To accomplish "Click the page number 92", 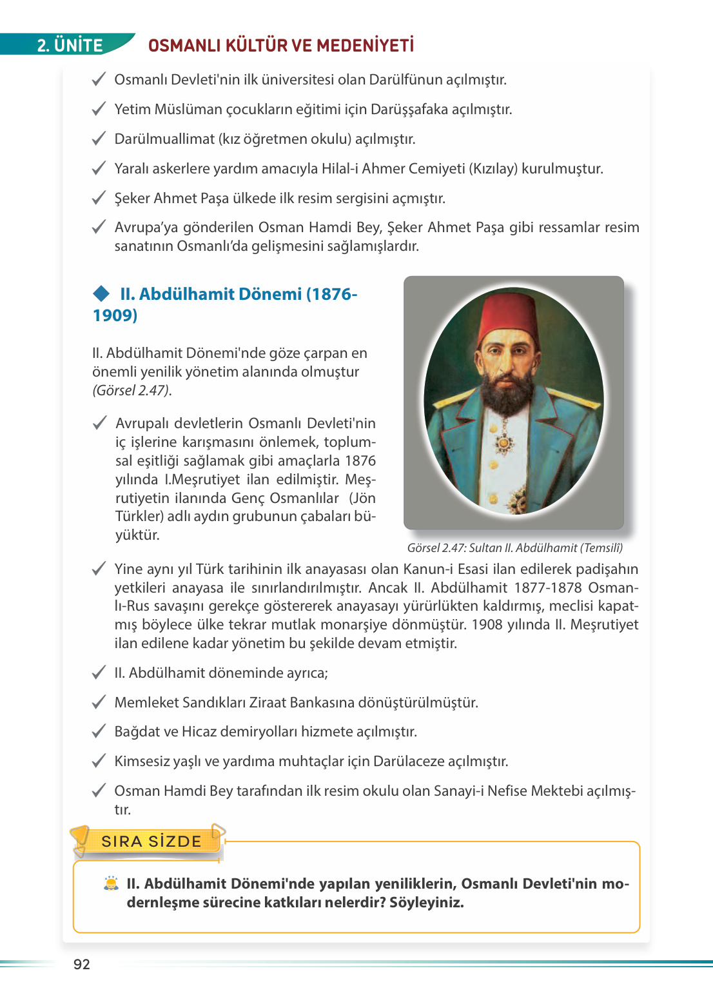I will coord(82,964).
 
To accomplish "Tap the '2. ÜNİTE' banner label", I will coord(70,45).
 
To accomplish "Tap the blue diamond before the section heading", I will coord(101,294).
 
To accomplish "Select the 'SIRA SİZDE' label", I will coord(151,841).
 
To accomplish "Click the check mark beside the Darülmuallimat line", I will coord(99,139).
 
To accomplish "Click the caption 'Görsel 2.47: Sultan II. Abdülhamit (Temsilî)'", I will coord(514,548).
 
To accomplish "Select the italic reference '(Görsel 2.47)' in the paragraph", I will coord(132,391).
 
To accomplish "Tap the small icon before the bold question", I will coord(111,883).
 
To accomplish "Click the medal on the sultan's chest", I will coord(503,442).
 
